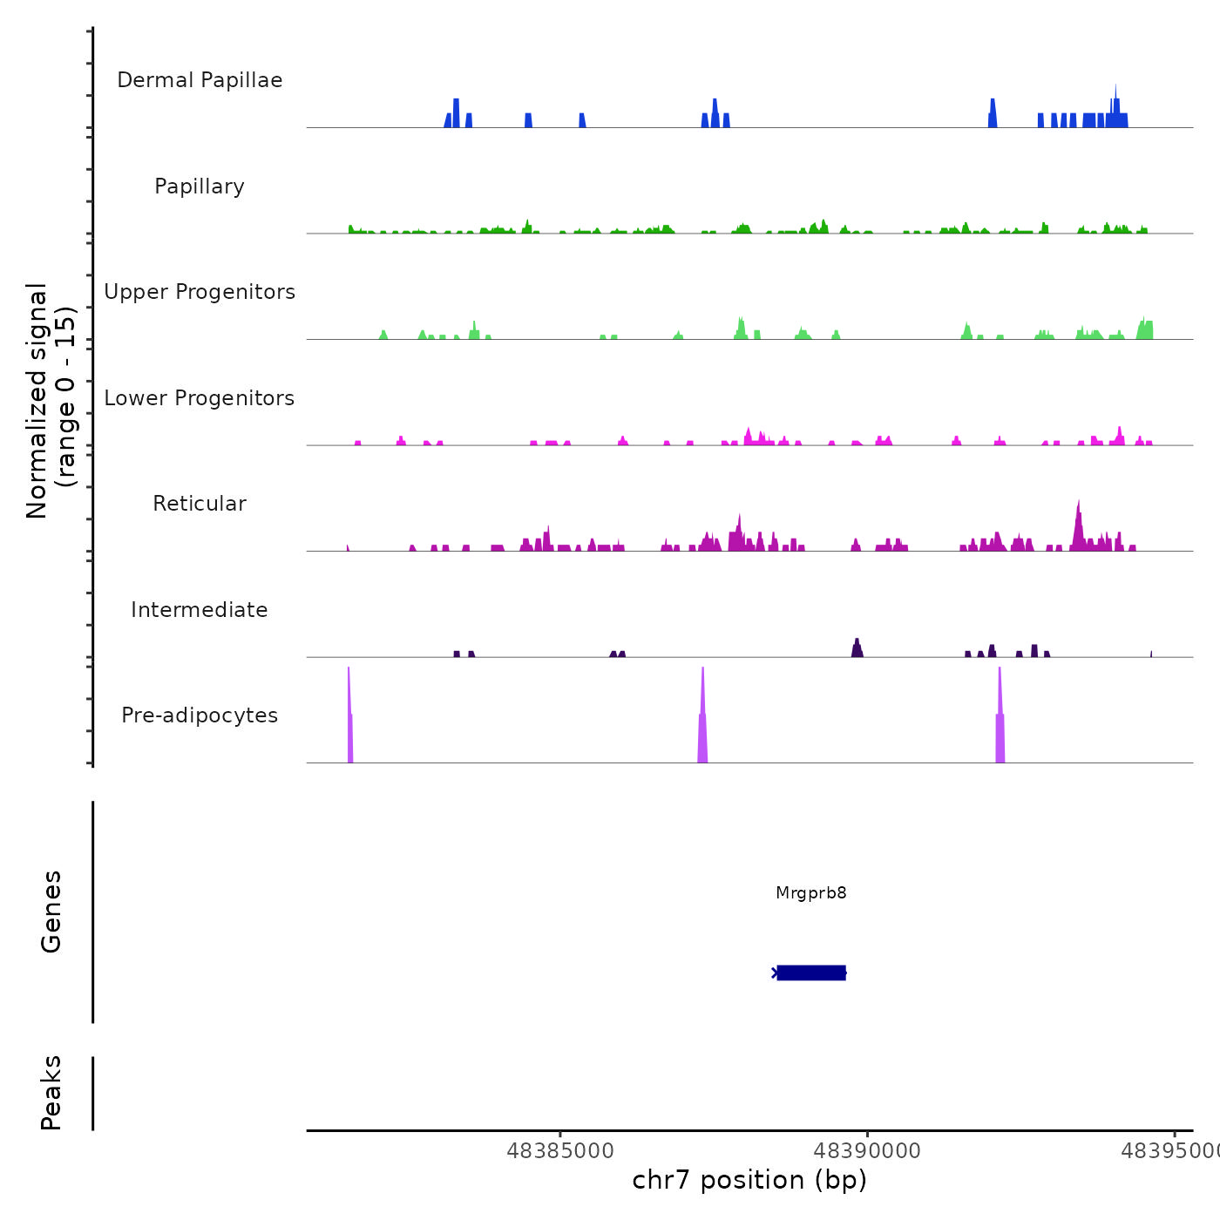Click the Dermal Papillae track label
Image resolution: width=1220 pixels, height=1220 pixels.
(200, 80)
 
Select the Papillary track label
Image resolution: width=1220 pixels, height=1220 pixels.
(200, 186)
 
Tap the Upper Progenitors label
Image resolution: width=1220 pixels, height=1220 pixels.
(200, 292)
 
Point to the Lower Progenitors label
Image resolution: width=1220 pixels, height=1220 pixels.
(200, 398)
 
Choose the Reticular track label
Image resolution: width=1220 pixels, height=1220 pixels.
(200, 504)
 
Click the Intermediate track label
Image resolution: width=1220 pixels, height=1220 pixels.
(200, 610)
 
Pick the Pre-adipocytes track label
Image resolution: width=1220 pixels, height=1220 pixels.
(200, 715)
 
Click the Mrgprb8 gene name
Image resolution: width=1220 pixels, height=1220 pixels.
(811, 892)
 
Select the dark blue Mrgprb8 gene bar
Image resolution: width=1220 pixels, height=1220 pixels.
(811, 973)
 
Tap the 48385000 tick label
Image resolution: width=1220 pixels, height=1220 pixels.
(559, 1151)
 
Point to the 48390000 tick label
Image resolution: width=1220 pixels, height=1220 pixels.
(867, 1151)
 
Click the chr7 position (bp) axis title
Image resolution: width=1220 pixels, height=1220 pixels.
(749, 1180)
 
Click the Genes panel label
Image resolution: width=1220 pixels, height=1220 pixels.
(51, 911)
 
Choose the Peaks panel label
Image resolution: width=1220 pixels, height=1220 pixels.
(51, 1093)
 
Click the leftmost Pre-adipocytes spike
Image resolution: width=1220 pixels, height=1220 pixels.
(349, 723)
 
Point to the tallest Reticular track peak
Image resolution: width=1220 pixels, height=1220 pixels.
(1078, 523)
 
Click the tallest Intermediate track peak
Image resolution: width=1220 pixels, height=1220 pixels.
(857, 647)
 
